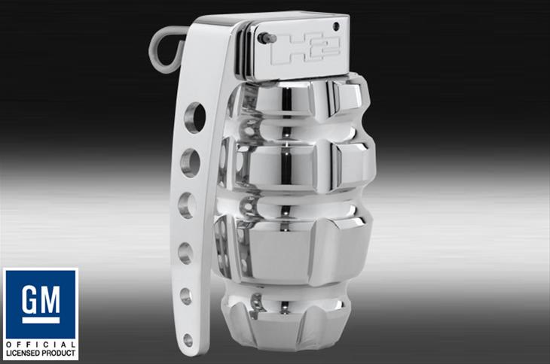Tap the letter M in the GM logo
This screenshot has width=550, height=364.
[49, 299]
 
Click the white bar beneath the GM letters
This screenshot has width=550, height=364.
[41, 320]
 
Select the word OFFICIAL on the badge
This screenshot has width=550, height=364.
[41, 344]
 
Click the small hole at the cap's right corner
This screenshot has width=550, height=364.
[336, 26]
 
